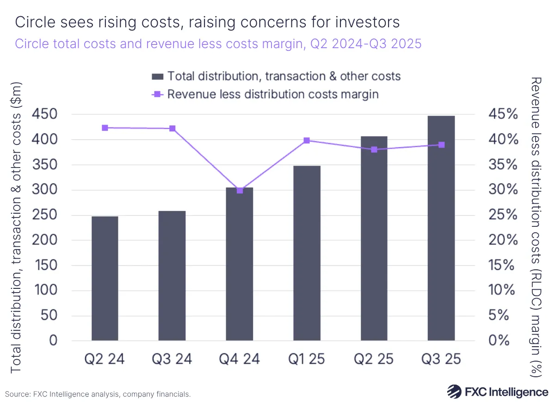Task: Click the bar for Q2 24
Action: tap(105, 278)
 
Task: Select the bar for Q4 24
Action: tap(240, 264)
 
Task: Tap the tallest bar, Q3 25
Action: tap(441, 228)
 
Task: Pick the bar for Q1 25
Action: tap(307, 253)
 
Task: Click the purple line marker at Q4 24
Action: tap(240, 190)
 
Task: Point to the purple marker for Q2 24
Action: tap(105, 128)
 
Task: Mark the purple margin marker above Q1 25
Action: tap(307, 140)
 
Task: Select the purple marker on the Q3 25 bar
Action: tap(441, 145)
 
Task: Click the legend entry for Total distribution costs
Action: tap(276, 76)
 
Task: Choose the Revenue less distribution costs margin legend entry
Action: tap(265, 94)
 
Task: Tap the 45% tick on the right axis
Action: tap(503, 114)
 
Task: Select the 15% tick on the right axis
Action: tap(503, 265)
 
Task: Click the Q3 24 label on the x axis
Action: tap(172, 359)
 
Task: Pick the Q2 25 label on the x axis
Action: tap(374, 359)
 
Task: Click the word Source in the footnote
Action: tap(17, 394)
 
